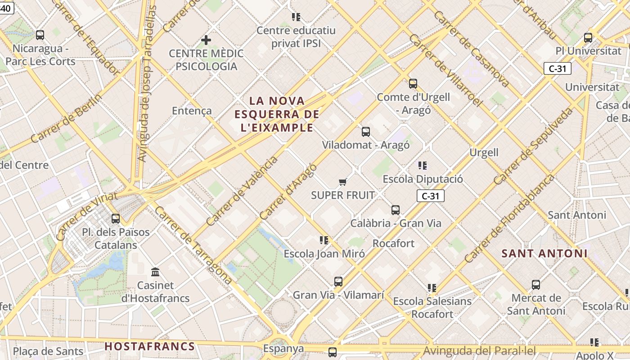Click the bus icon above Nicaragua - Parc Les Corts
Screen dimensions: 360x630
click(x=40, y=35)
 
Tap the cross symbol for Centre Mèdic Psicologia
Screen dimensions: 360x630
click(x=206, y=40)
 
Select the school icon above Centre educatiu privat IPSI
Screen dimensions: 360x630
click(x=296, y=17)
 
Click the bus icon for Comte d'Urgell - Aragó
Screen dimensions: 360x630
click(x=413, y=84)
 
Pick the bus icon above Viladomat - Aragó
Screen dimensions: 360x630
click(x=366, y=132)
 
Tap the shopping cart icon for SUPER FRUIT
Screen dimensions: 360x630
click(x=343, y=182)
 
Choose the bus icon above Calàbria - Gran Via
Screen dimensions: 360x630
click(x=396, y=210)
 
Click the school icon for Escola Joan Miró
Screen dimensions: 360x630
click(x=324, y=240)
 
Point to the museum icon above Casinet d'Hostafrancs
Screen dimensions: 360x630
click(x=156, y=272)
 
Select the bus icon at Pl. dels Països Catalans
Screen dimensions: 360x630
click(x=116, y=219)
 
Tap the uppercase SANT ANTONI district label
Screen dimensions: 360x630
click(x=544, y=253)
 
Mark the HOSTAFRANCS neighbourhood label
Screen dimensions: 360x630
click(x=150, y=346)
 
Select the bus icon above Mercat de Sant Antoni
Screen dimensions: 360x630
click(x=536, y=285)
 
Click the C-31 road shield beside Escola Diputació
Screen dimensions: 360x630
click(x=431, y=196)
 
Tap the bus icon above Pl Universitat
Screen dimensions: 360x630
click(x=588, y=38)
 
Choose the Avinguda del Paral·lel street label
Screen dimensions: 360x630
click(x=480, y=350)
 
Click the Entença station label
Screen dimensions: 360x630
click(x=192, y=111)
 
